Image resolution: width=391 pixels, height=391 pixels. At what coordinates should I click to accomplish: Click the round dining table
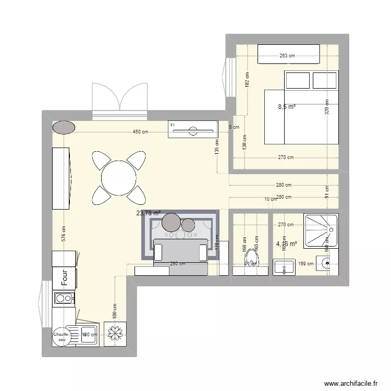click(x=118, y=178)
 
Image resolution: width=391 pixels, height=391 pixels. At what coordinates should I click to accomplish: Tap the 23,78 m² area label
click(x=149, y=213)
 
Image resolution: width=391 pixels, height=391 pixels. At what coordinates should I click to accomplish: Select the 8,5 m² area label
click(x=287, y=107)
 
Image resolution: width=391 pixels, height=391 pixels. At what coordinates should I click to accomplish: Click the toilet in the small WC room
click(x=252, y=257)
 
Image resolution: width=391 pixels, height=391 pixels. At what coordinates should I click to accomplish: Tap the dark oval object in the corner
click(x=64, y=127)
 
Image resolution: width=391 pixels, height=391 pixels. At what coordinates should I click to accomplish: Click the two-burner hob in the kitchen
click(x=64, y=299)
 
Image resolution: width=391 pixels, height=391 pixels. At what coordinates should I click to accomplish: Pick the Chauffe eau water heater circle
click(x=64, y=337)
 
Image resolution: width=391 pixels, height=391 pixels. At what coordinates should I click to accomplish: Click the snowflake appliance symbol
click(x=114, y=332)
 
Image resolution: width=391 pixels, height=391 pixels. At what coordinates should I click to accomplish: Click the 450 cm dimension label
click(x=140, y=132)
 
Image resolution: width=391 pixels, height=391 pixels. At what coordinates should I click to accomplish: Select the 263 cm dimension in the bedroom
click(x=287, y=56)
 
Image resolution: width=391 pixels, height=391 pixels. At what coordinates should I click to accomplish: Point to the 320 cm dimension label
click(x=327, y=107)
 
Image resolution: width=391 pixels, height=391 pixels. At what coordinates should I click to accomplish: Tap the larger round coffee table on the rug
click(x=171, y=223)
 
